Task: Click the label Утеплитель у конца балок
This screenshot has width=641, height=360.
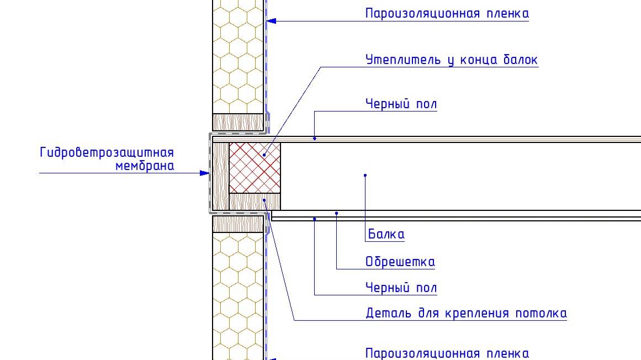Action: (x=451, y=60)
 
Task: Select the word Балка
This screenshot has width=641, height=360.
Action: (x=386, y=234)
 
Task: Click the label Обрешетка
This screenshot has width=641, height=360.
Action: (x=400, y=262)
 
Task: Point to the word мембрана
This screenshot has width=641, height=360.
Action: (x=145, y=166)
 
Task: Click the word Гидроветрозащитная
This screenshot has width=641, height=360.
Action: (x=107, y=153)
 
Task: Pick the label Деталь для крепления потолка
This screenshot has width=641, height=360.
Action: (x=466, y=314)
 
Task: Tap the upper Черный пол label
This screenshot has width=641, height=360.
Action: (x=401, y=104)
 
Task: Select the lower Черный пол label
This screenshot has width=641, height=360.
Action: (x=401, y=288)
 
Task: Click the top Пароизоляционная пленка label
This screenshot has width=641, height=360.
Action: (x=447, y=13)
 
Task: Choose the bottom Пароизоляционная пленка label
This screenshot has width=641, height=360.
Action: (x=447, y=353)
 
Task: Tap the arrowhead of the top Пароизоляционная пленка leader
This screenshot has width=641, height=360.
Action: (x=271, y=21)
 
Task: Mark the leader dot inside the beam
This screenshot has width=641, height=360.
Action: (x=365, y=176)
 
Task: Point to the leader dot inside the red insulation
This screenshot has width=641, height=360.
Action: (x=264, y=155)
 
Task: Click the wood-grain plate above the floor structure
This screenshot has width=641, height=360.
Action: (x=239, y=122)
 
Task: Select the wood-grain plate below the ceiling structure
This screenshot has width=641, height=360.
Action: (x=239, y=224)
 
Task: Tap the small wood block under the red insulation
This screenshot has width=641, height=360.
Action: (x=255, y=202)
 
